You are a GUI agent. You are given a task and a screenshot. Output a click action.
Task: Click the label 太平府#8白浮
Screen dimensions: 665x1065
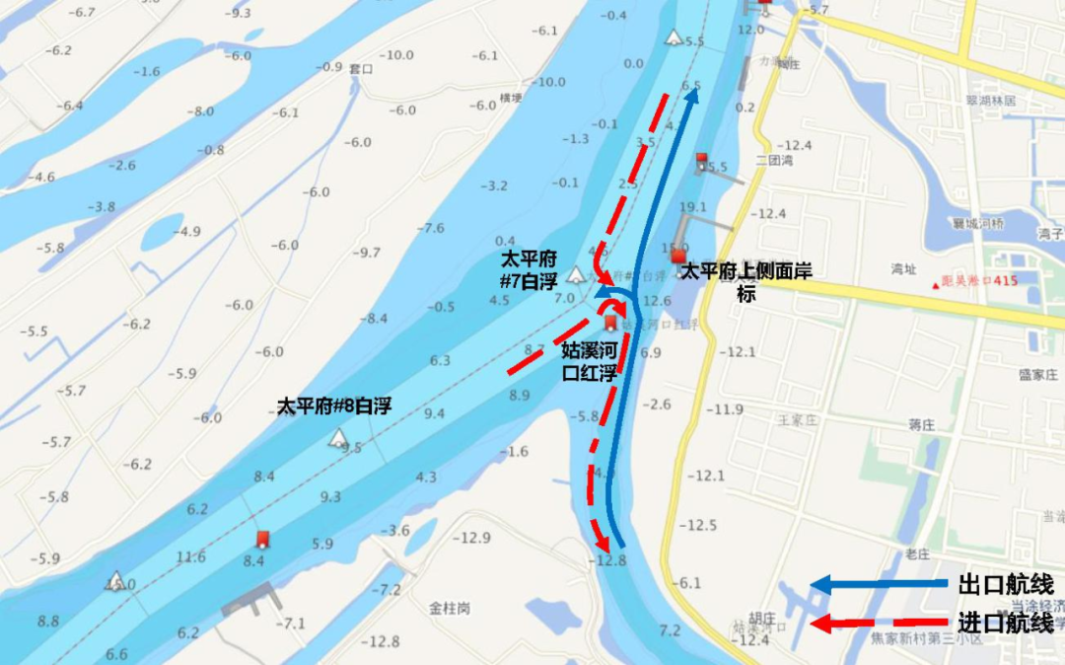click(336, 406)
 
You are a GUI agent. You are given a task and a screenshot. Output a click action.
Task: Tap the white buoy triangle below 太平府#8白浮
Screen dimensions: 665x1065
click(339, 437)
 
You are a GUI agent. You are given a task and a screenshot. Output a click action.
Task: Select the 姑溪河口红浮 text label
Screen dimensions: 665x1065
click(589, 360)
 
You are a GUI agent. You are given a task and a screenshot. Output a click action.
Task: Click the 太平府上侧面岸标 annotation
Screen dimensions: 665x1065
click(746, 279)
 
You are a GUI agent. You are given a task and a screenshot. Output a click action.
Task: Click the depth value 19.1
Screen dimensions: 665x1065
click(693, 207)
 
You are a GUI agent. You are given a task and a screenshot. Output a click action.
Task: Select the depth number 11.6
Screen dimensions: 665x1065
click(191, 557)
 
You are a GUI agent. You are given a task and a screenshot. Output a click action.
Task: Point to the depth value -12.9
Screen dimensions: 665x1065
click(471, 538)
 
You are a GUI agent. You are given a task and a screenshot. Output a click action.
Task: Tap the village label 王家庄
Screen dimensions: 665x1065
click(799, 419)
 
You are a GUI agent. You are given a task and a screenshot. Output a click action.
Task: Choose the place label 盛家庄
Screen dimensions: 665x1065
click(1037, 375)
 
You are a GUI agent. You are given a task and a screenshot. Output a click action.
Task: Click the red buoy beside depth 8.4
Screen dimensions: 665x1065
click(262, 539)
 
